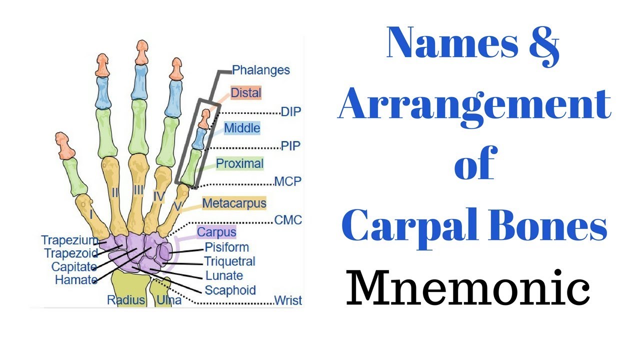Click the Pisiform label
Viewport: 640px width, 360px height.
tap(226, 247)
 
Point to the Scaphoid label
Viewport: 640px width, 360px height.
tap(230, 290)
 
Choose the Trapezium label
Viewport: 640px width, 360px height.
tap(70, 240)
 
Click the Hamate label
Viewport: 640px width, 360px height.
tap(76, 280)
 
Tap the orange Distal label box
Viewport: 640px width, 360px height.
tap(246, 92)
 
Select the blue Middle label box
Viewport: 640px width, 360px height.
tap(242, 128)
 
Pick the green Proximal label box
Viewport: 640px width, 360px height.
tap(239, 163)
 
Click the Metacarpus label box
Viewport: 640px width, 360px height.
tap(234, 203)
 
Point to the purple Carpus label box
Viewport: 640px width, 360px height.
tap(216, 232)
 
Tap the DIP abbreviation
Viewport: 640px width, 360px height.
tap(291, 111)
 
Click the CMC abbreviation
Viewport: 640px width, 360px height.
tap(288, 220)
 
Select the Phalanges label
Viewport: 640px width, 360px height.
tap(261, 70)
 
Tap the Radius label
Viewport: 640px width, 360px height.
tap(125, 300)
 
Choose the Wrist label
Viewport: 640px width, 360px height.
tap(288, 300)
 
